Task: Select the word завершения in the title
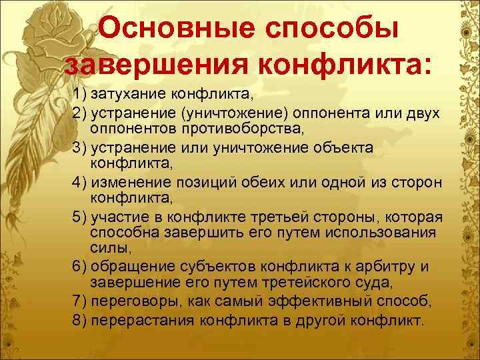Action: (x=153, y=65)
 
